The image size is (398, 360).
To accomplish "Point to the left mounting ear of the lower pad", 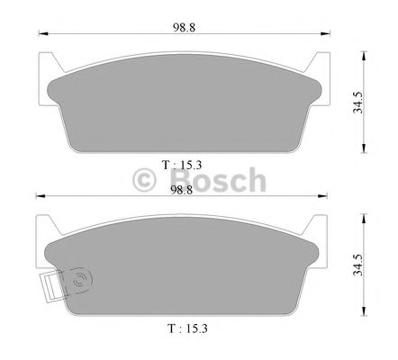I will coord(45,232).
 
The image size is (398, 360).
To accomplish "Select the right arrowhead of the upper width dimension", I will coord(326,35).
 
